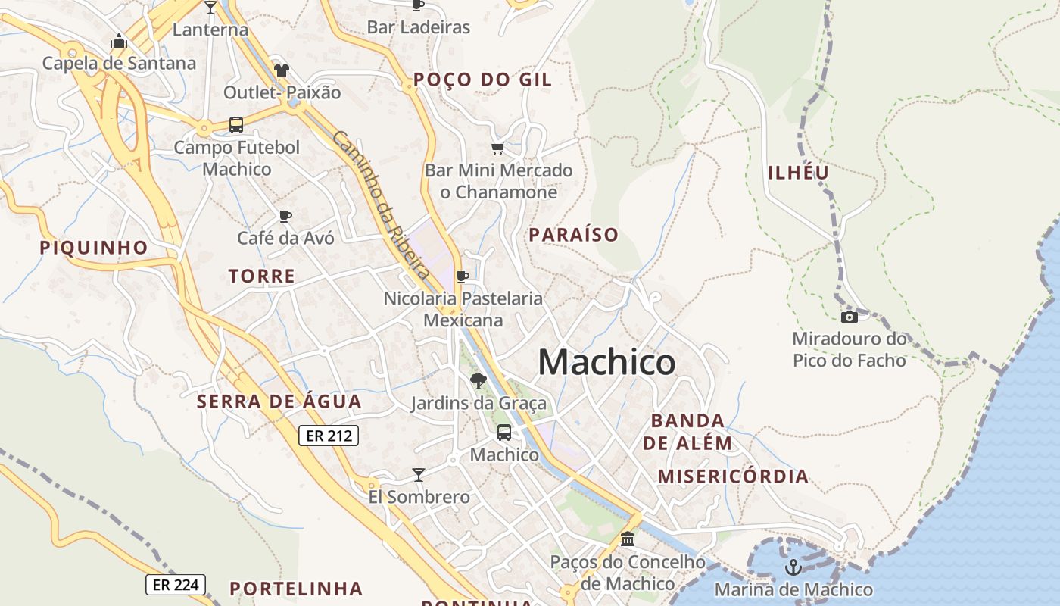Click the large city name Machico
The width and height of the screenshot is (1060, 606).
coord(606,362)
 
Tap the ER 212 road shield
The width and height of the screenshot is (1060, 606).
coord(328,436)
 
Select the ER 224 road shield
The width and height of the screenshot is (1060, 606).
coord(175,585)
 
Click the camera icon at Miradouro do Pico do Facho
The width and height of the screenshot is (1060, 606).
coord(850,317)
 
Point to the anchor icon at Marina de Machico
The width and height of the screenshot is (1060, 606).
coord(793,567)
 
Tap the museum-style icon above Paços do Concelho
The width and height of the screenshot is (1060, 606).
coord(628,539)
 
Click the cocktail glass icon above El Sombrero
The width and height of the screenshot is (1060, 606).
coord(418,475)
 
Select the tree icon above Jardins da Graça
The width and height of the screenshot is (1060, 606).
coord(478,380)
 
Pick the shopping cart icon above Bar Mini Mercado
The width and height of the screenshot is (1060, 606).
coord(497,148)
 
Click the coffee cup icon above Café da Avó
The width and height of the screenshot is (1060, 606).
coord(285,216)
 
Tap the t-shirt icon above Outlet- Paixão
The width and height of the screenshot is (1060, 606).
coord(282,70)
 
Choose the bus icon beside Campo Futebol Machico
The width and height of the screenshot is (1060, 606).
coord(236,125)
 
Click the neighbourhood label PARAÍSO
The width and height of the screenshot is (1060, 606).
coord(574,235)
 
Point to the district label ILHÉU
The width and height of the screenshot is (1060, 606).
coord(799,173)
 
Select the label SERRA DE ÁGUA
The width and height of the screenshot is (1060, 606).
coord(279,401)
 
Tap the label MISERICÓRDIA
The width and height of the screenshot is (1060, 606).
coord(733,476)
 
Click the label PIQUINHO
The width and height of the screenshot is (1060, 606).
coord(94,248)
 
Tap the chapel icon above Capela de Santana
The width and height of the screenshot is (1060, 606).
coord(119,41)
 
